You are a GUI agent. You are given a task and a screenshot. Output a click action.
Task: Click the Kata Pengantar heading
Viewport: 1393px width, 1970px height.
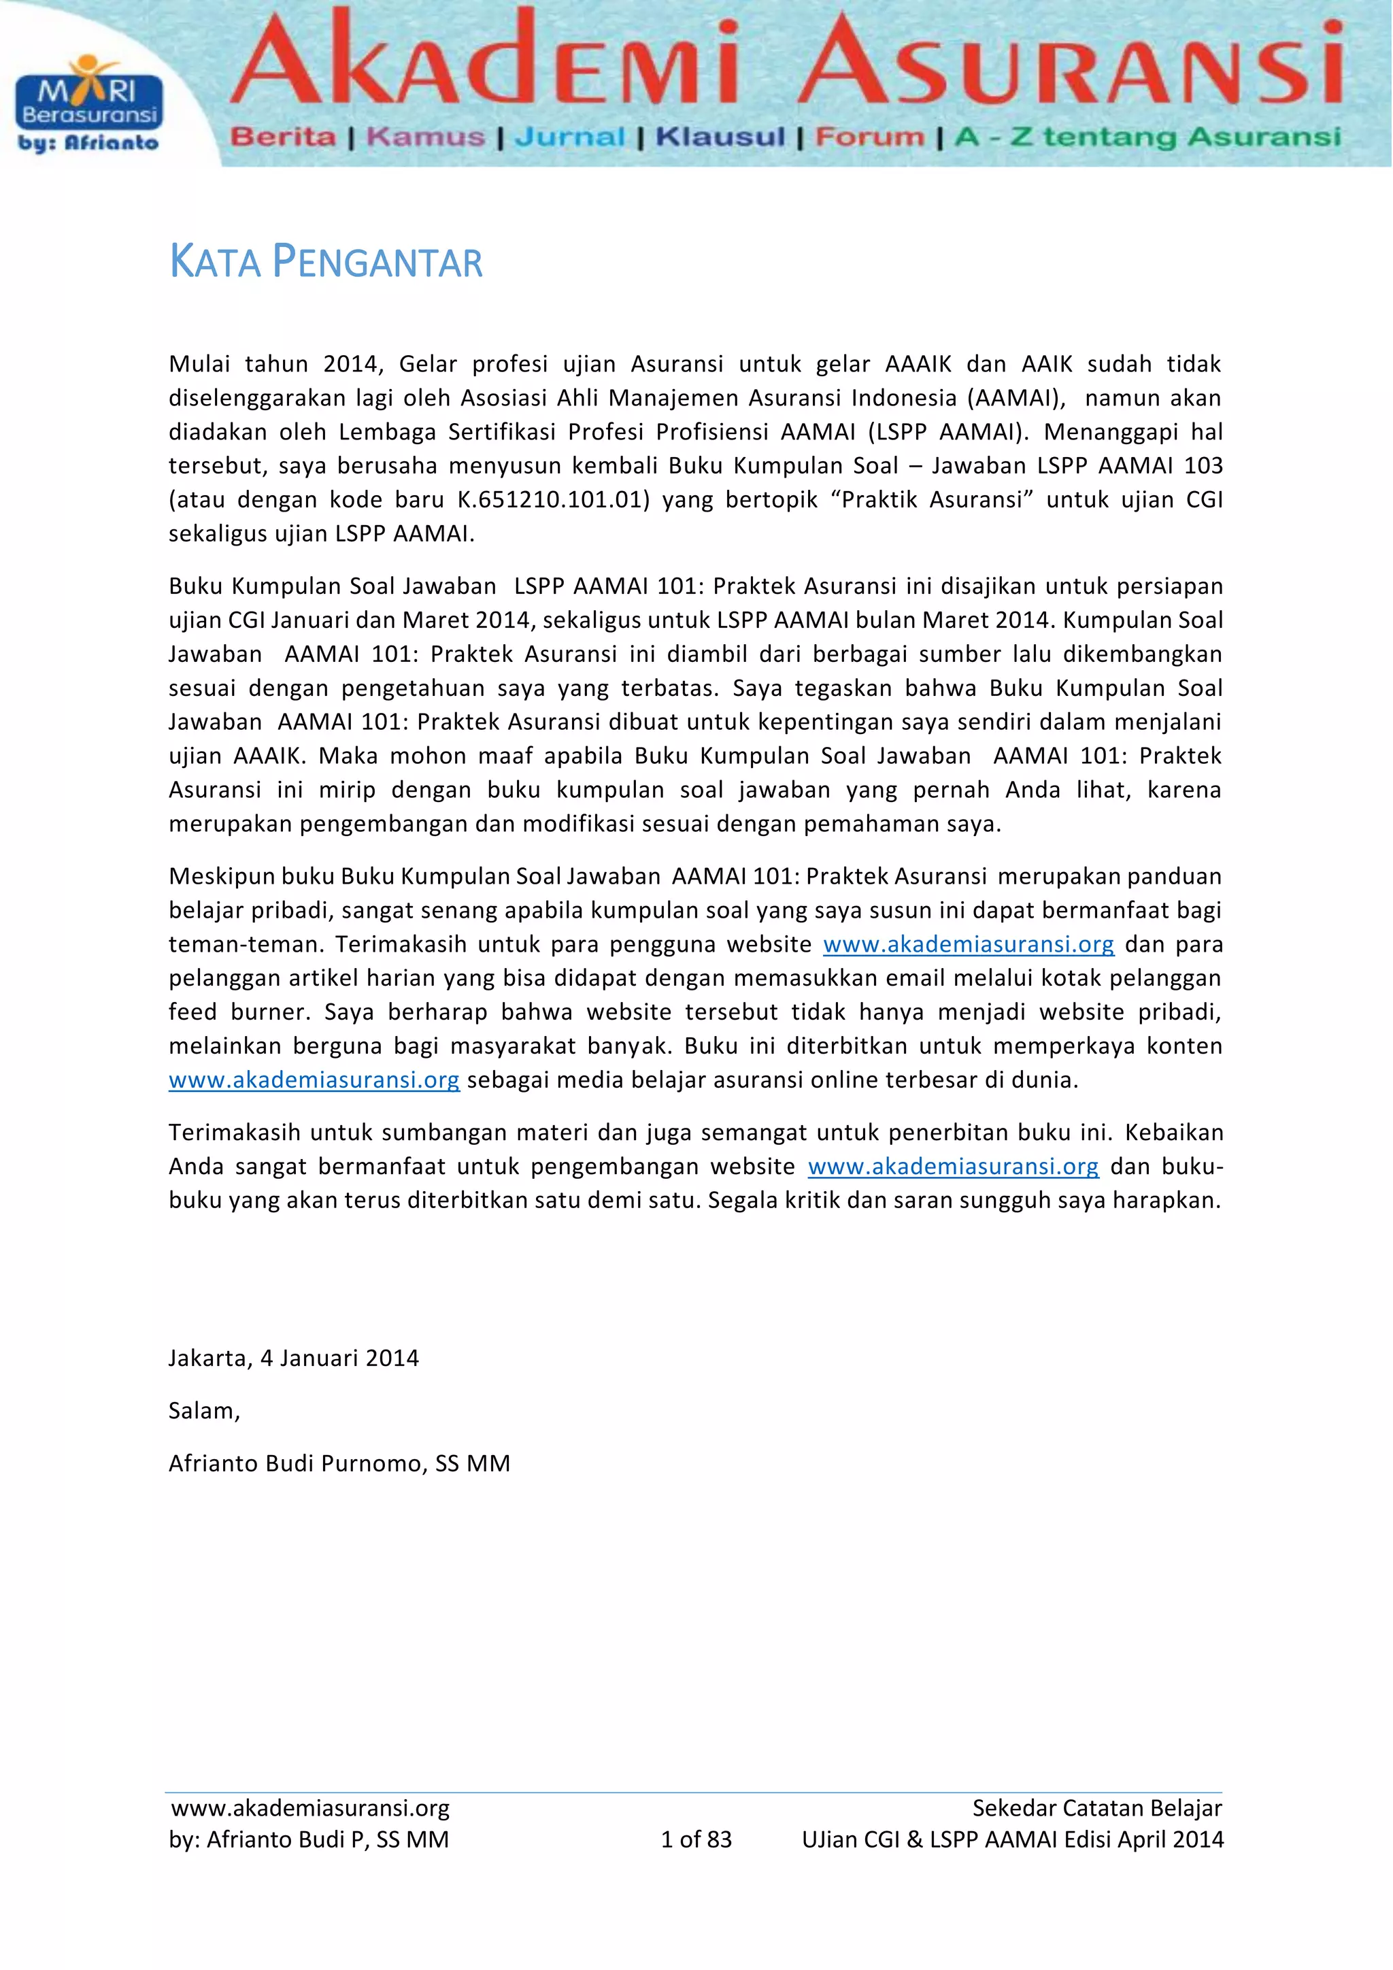[x=326, y=262]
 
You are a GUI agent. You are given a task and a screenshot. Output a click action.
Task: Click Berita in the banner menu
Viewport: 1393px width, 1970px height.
[x=283, y=137]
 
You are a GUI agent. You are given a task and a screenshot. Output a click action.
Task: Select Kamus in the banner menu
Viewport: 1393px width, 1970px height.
[x=425, y=137]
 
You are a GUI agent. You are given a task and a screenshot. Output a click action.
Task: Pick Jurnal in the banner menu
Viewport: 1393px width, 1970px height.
[x=569, y=137]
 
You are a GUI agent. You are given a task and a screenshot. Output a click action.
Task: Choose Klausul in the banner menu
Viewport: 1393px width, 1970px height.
[x=720, y=137]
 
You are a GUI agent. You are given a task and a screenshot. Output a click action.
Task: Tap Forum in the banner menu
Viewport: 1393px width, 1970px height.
[x=870, y=137]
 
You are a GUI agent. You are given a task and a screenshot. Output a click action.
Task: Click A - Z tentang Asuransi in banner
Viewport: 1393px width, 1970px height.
[x=1147, y=137]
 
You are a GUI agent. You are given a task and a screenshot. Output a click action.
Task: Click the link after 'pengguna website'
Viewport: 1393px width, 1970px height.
[x=969, y=945]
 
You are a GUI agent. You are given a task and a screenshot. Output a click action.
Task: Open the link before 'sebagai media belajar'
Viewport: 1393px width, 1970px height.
[x=314, y=1080]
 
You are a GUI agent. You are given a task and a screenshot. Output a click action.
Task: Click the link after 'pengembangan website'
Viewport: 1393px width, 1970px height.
[x=953, y=1167]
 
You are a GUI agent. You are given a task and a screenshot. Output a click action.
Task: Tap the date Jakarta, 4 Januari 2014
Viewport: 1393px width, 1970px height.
[x=293, y=1358]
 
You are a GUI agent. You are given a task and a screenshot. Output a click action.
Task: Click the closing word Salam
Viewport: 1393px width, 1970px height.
[x=204, y=1412]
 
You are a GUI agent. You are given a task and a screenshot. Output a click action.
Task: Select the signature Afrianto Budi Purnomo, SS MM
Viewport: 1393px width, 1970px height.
[x=339, y=1464]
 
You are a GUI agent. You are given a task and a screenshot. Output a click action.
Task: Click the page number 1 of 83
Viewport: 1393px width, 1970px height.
[x=696, y=1839]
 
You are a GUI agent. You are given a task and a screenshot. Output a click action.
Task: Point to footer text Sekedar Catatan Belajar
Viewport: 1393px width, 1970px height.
[x=1096, y=1808]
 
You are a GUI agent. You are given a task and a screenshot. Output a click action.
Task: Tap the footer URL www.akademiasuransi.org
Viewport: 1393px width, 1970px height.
[x=311, y=1808]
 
